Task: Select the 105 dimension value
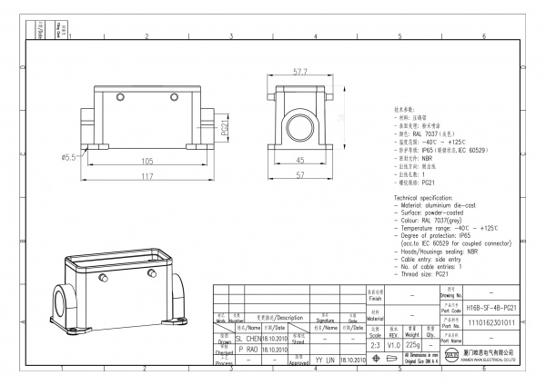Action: point(146,160)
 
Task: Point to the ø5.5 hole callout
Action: point(69,158)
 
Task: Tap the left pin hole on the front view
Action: point(119,96)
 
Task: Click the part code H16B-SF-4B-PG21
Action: point(490,308)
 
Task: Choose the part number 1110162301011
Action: point(490,321)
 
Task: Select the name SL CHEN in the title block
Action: point(248,338)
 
